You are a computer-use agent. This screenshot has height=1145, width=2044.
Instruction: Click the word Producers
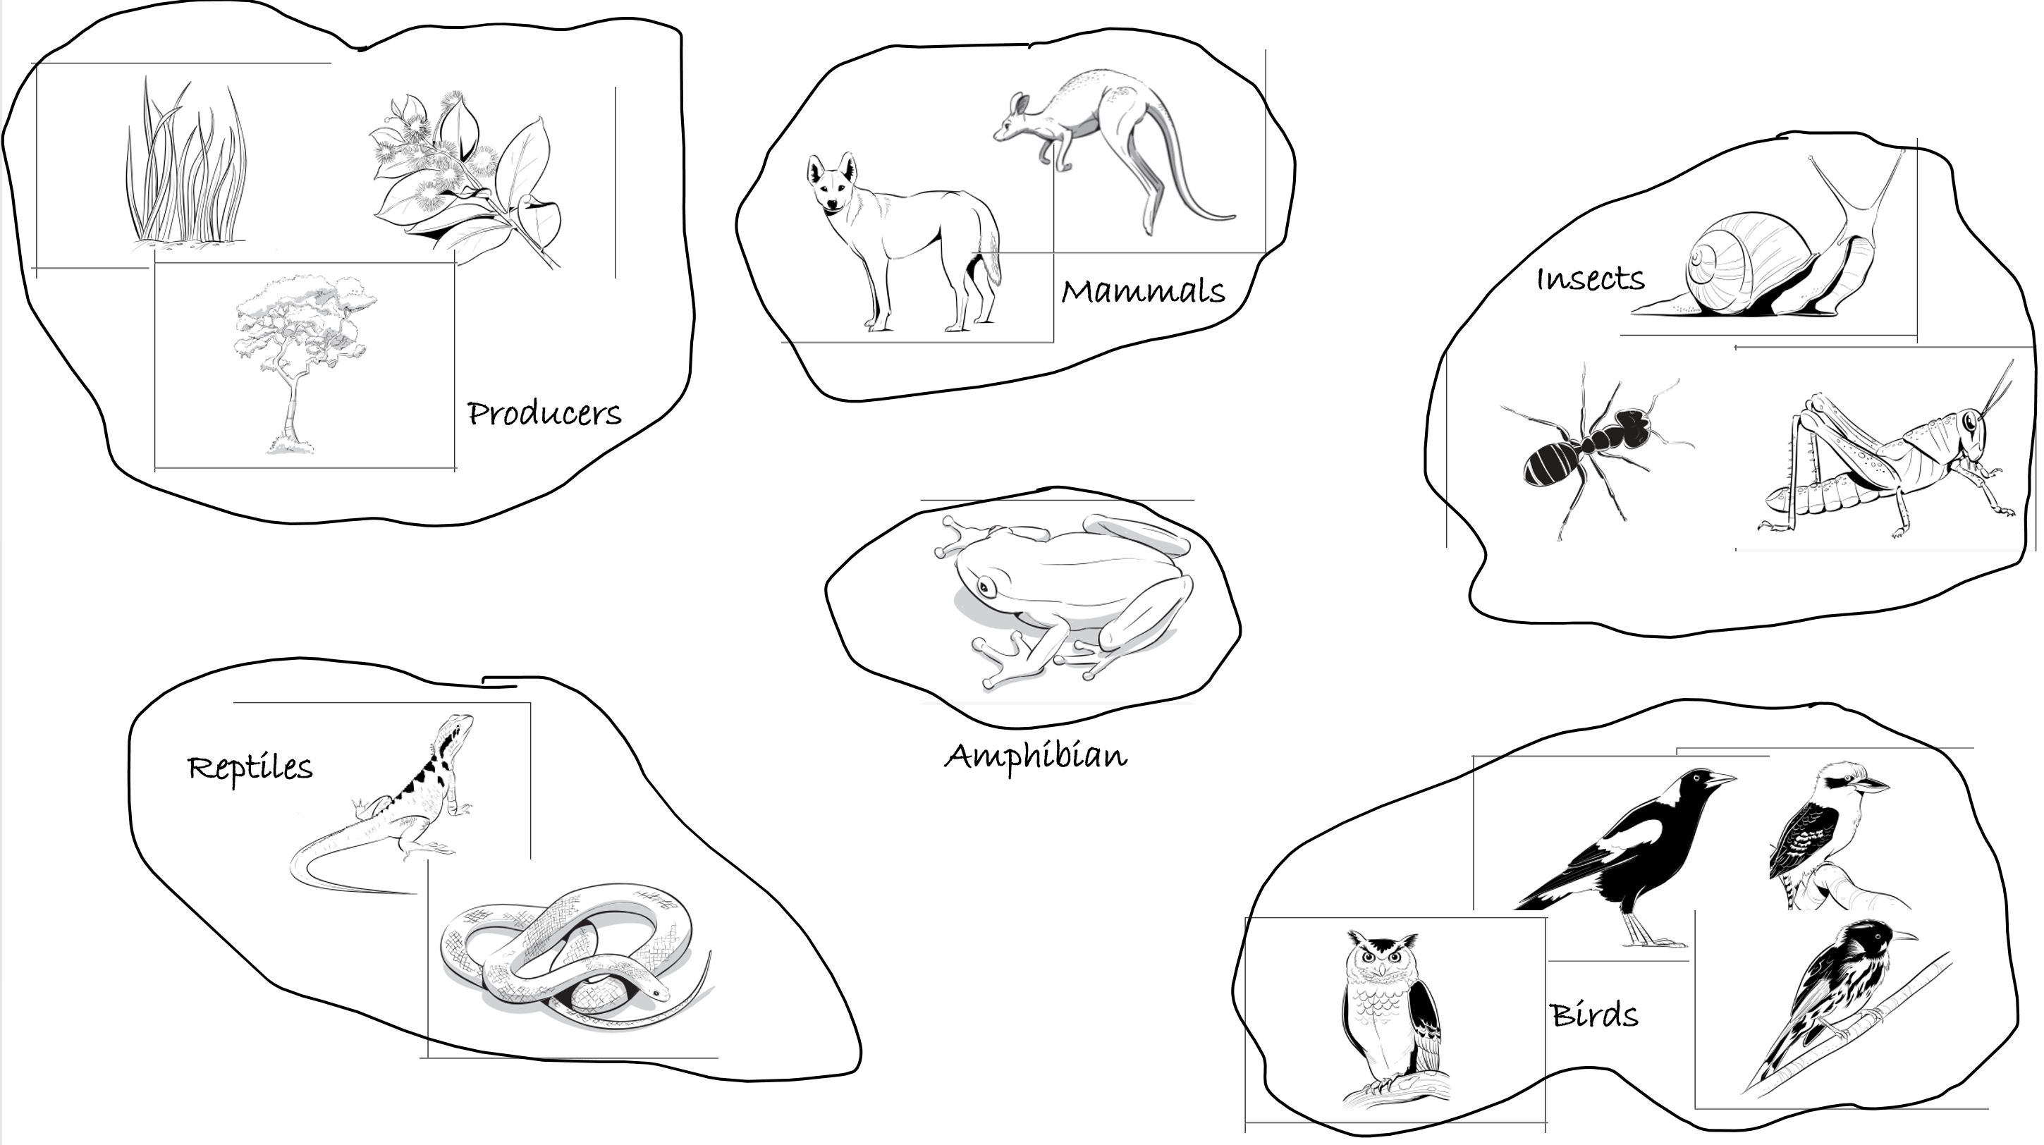[544, 413]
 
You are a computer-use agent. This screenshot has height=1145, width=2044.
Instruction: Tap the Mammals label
[1144, 291]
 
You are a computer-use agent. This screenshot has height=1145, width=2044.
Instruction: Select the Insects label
[1591, 278]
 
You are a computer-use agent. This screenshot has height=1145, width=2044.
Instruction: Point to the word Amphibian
[1036, 757]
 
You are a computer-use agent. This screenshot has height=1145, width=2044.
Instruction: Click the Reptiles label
[250, 768]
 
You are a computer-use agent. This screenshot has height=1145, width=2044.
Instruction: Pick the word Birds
[1594, 1015]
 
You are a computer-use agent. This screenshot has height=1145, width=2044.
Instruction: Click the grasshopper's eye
[1970, 422]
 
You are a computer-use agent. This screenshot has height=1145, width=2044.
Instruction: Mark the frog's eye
[986, 588]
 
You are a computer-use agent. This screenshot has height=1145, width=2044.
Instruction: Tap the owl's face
[1381, 961]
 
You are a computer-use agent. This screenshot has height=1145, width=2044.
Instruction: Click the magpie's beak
[1720, 780]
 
